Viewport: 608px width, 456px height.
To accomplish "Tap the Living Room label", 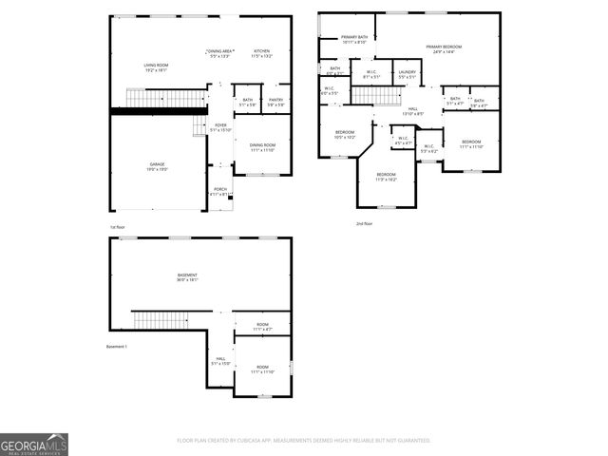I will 156,66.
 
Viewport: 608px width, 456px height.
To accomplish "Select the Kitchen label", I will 261,53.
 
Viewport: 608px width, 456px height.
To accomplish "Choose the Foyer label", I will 219,127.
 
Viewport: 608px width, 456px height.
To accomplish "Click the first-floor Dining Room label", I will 262,147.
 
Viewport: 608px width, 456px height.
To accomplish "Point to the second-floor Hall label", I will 413,111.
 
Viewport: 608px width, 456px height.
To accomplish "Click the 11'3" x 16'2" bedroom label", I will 386,177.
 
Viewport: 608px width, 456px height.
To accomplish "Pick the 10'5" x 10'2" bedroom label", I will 344,134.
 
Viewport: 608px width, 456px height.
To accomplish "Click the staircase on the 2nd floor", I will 377,96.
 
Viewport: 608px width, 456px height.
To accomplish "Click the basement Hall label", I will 219,361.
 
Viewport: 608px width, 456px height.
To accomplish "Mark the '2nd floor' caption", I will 365,223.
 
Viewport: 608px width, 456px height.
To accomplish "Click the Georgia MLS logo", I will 34,445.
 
